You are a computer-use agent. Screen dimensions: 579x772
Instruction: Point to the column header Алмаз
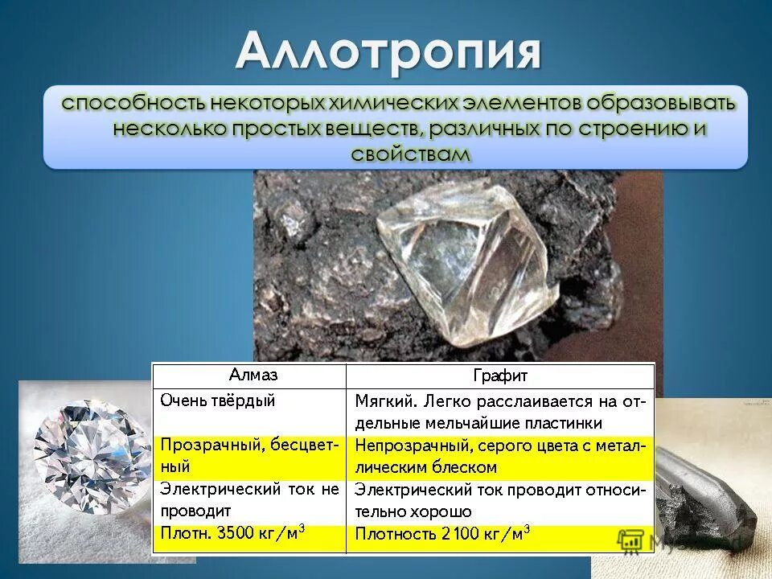click(x=249, y=374)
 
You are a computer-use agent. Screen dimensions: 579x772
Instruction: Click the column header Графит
click(x=500, y=376)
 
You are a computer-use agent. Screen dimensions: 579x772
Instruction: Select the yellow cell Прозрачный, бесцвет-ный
click(x=249, y=455)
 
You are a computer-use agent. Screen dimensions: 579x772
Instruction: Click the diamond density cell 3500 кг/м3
click(x=249, y=535)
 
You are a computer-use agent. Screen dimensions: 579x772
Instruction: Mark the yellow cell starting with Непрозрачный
click(x=500, y=456)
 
